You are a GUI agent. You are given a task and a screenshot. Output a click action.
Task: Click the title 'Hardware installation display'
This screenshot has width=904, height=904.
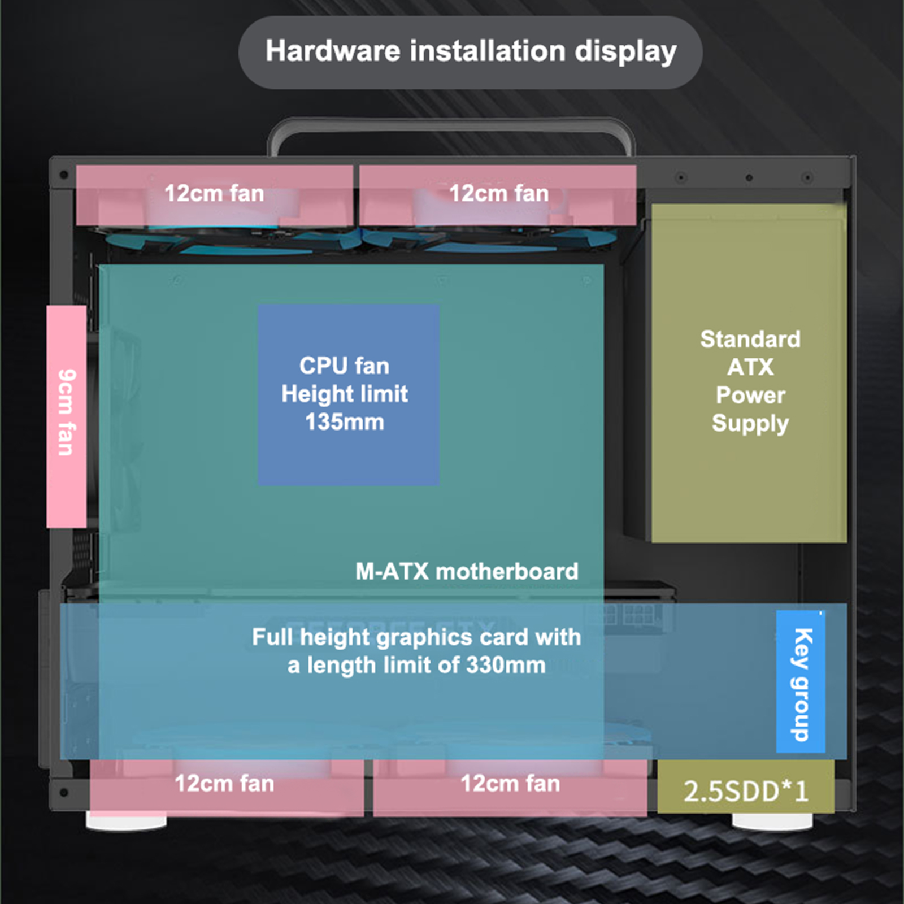pos(471,51)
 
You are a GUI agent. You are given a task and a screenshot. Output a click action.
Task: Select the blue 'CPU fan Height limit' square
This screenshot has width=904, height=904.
pos(348,395)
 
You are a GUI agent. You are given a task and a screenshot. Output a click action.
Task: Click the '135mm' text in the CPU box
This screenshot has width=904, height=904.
pos(345,422)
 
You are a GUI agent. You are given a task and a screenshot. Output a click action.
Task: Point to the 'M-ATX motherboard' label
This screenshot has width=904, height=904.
pos(467,571)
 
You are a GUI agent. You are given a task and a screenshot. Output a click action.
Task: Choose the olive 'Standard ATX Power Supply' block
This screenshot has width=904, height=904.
pos(749,373)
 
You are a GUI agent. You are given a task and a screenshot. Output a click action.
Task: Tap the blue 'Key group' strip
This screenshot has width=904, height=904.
pos(801,681)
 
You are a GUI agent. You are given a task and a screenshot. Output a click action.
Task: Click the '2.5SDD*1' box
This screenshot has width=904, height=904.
pos(746,790)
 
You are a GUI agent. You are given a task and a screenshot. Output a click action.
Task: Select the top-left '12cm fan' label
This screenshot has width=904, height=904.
pos(214,193)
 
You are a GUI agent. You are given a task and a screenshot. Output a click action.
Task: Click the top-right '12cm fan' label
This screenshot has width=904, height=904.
pos(499,193)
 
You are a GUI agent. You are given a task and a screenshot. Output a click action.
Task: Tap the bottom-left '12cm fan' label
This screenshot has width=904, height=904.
pos(224,784)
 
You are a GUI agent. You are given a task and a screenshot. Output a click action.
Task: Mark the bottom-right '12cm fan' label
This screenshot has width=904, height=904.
pos(510,784)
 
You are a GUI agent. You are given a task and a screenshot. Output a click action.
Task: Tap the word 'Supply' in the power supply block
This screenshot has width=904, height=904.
pos(750,423)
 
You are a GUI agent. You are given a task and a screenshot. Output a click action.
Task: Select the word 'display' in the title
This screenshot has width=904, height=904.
pos(625,51)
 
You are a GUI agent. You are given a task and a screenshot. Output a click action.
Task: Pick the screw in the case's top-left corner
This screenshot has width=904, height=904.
pos(64,175)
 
